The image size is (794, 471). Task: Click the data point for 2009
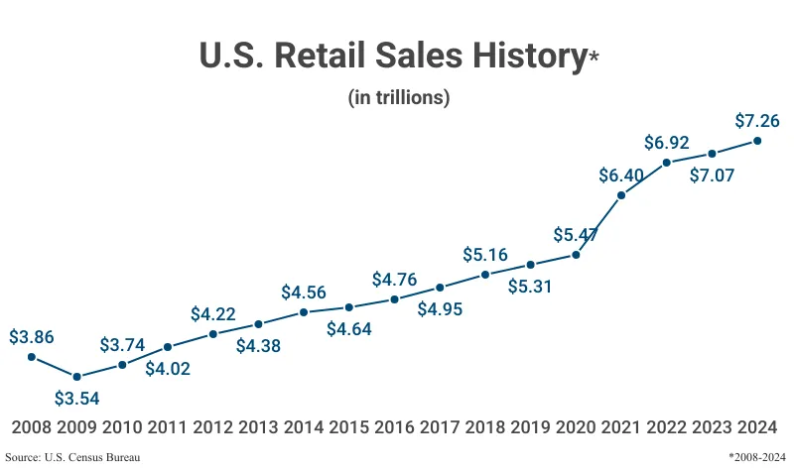tap(76, 377)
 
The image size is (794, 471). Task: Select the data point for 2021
tap(621, 195)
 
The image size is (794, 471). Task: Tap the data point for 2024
tap(757, 141)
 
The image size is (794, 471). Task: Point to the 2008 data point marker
tap(32, 357)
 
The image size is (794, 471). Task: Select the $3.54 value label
tap(76, 399)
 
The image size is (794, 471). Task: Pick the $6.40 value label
tap(621, 176)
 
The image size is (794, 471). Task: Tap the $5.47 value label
tap(576, 236)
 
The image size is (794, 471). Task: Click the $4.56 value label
tap(304, 293)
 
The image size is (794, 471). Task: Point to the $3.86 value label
tap(32, 337)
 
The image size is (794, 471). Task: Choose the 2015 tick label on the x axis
tap(348, 427)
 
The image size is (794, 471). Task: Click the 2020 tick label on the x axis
tap(576, 427)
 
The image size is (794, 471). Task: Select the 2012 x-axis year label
tap(212, 427)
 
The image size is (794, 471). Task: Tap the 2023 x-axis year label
tap(712, 427)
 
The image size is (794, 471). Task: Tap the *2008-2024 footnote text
tap(758, 457)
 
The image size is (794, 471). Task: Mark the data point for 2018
tap(485, 275)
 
